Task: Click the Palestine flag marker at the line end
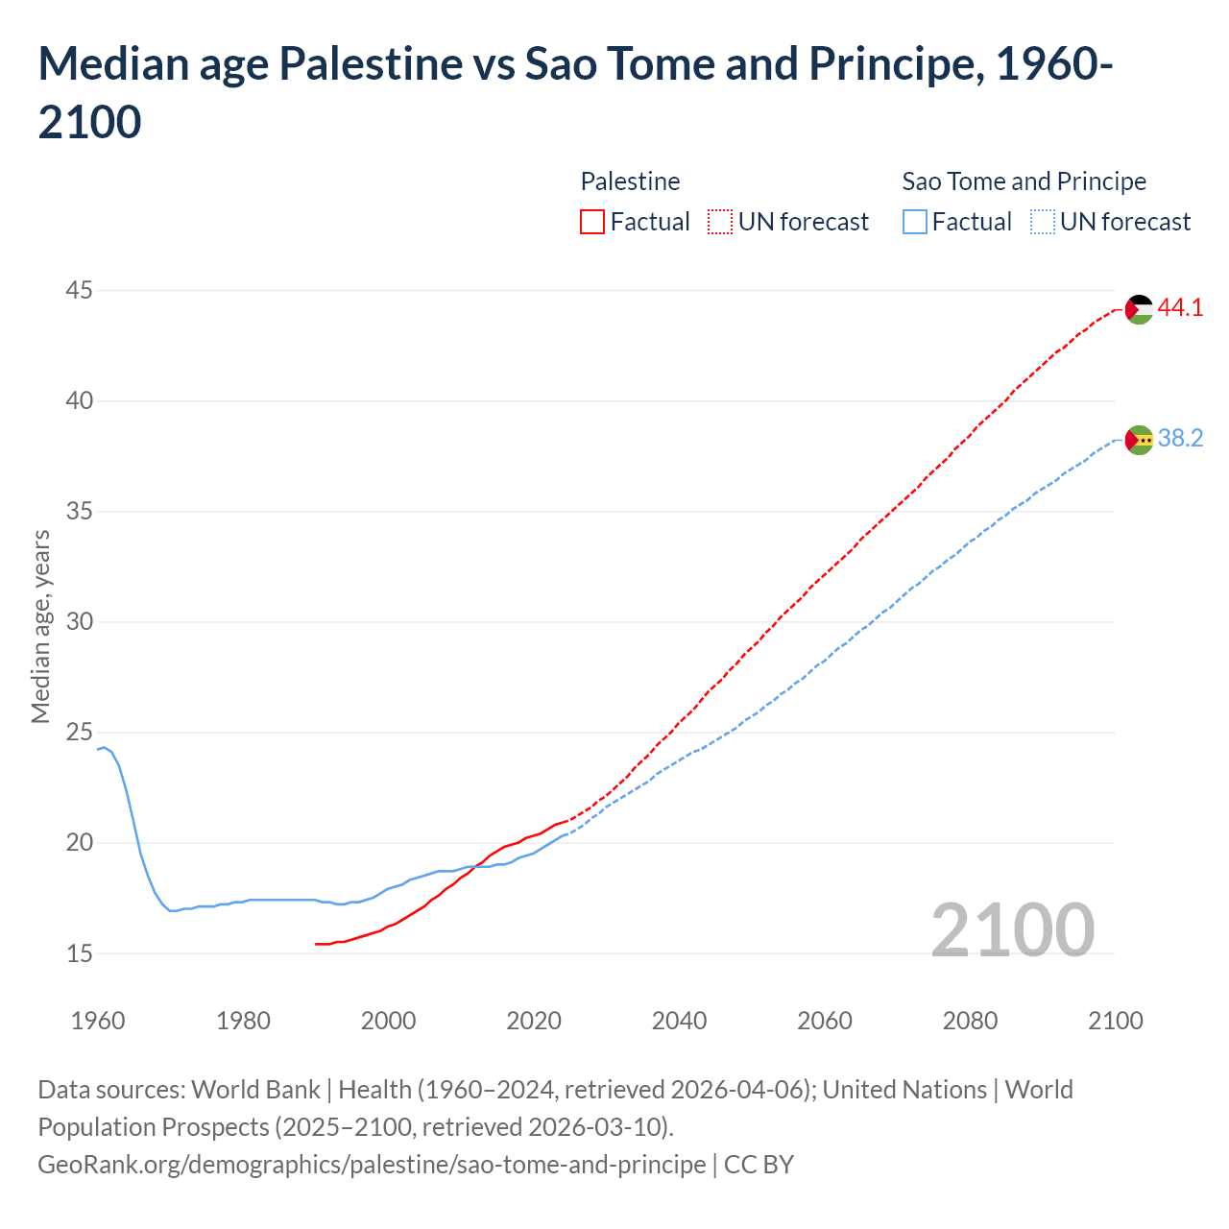pos(1139,309)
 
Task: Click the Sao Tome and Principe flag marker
pos(1139,440)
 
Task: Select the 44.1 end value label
pos(1180,308)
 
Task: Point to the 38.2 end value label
pos(1180,439)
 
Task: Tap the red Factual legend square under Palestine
pos(592,222)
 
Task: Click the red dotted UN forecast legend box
pos(720,222)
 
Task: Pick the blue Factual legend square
pos(915,222)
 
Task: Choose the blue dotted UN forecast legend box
pos(1043,222)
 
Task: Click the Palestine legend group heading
pos(630,181)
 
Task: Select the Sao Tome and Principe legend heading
pos(1024,181)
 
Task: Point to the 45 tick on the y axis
pos(80,290)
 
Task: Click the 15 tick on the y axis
pos(80,953)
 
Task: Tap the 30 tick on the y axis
pos(80,621)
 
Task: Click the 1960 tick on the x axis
pos(98,1020)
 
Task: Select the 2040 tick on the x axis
pos(679,1020)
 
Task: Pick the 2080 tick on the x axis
pos(970,1020)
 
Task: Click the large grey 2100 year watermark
pos(1012,929)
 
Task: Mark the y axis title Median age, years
pos(40,626)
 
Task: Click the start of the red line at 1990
pos(317,944)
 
